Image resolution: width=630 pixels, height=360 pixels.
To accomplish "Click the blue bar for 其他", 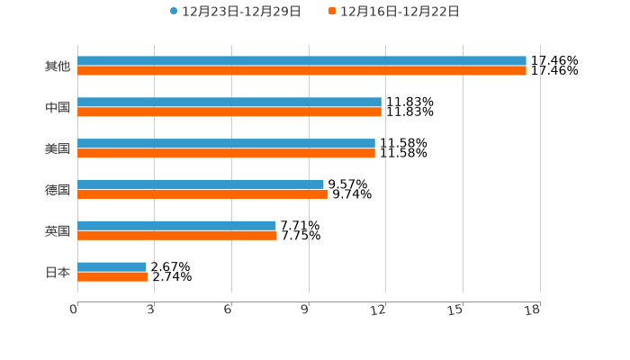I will [301, 61].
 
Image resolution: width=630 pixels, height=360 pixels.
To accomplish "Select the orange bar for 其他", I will [301, 71].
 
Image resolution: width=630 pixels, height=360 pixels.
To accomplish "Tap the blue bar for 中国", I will [229, 103].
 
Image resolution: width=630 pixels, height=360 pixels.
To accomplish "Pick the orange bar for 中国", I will [229, 112].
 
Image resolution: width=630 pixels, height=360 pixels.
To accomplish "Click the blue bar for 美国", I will [226, 144].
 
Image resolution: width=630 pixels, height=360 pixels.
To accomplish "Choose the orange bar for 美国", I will [226, 154].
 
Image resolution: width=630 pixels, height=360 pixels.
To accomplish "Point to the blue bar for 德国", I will [201, 184].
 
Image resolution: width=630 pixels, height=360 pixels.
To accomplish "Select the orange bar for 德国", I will [202, 194].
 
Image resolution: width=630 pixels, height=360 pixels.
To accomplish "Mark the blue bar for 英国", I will [176, 226].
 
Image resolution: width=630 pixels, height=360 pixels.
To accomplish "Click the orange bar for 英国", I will [177, 236].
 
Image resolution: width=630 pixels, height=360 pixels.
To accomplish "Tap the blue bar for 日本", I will [112, 267].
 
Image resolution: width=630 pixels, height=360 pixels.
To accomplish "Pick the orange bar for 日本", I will [112, 277].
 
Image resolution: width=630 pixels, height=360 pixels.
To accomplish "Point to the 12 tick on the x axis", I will [379, 310].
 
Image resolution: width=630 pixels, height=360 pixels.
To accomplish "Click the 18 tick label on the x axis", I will [533, 310].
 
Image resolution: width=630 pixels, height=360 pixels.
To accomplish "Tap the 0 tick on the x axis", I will [74, 310].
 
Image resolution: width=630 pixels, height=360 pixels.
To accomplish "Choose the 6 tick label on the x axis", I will [228, 310].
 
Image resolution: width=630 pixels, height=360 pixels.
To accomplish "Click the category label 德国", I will [58, 190].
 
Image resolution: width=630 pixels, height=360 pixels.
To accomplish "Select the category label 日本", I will [58, 273].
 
